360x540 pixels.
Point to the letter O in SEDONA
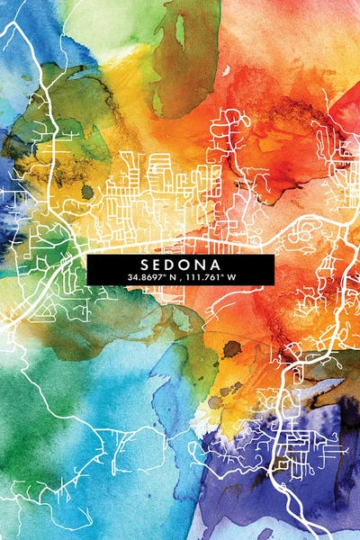(188, 265)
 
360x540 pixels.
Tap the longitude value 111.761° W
(209, 277)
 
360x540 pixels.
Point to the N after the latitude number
(175, 277)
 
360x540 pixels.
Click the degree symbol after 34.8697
(167, 274)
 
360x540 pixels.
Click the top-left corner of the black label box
(87, 255)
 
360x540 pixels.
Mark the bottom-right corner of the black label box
(274, 284)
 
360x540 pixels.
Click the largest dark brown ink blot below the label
(232, 348)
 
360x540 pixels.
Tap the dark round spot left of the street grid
(87, 192)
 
